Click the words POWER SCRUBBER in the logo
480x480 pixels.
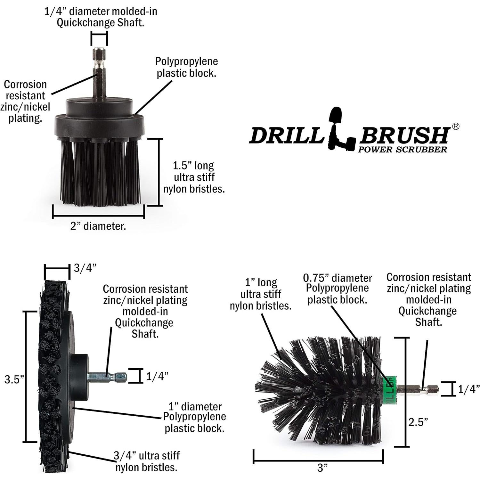click(402, 149)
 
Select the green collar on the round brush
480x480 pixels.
click(390, 387)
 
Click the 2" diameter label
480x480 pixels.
click(98, 226)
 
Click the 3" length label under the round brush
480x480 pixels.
click(322, 468)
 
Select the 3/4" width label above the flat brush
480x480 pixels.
click(85, 268)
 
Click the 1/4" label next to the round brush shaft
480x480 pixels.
click(468, 389)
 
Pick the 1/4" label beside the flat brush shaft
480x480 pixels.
click(157, 376)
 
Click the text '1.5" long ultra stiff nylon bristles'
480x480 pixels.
click(194, 177)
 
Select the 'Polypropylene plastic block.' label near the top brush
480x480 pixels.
click(186, 67)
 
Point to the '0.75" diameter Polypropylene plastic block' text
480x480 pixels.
click(338, 289)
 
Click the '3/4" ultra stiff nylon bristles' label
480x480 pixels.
click(146, 461)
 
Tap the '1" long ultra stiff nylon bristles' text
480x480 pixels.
click(261, 294)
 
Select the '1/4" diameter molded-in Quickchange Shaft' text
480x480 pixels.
click(100, 17)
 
